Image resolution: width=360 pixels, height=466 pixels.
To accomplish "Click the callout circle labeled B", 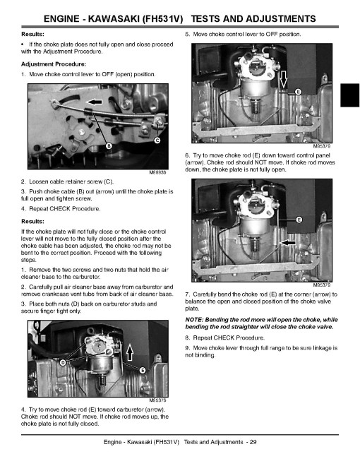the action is [x=109, y=146].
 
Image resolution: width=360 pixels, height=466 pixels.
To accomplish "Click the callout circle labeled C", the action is [x=157, y=141].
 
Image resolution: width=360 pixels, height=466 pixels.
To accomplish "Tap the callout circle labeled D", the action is [x=63, y=362].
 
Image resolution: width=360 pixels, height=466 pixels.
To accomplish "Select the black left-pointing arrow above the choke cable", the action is [x=94, y=102].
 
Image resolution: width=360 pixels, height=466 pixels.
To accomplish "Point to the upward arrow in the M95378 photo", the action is [x=130, y=352].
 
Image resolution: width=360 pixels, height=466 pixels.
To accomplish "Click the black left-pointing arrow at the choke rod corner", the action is [x=288, y=243].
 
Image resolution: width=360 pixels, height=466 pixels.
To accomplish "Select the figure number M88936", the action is [x=157, y=172].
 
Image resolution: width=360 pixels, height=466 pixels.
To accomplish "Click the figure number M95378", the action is [x=157, y=400].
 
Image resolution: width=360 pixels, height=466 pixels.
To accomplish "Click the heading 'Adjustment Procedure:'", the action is [x=54, y=64].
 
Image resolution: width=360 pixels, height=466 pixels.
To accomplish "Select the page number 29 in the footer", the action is [x=253, y=442].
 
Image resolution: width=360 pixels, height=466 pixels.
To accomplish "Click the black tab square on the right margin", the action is [x=349, y=95].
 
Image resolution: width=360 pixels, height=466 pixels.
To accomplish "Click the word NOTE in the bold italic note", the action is [x=193, y=320].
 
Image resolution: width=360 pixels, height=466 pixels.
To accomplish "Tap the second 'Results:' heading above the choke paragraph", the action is [x=32, y=222].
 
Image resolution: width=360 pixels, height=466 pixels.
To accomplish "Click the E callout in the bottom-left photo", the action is [x=143, y=370].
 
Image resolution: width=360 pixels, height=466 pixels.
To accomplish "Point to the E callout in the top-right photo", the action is [x=299, y=92].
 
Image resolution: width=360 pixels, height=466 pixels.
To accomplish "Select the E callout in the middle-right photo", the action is [x=299, y=220].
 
